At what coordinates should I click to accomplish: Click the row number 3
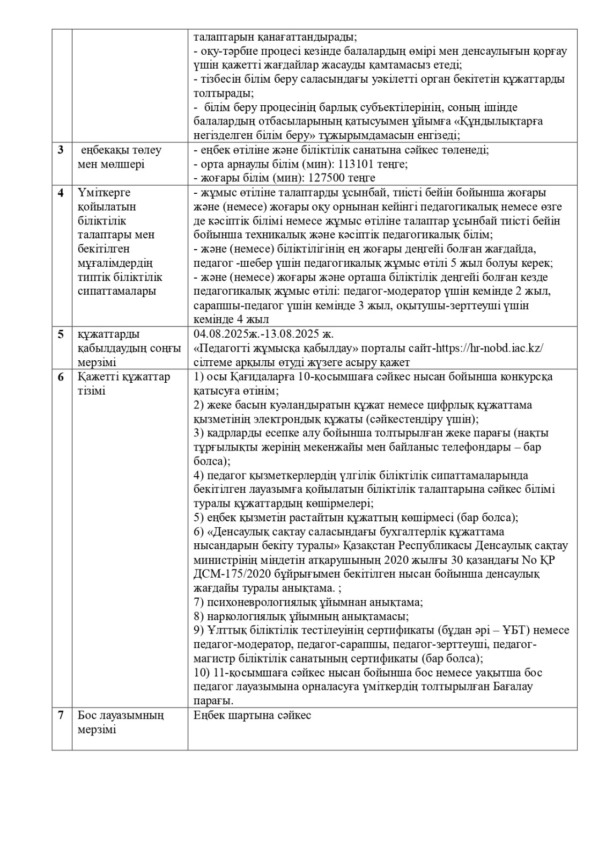(x=61, y=150)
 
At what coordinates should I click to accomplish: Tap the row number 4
(x=61, y=193)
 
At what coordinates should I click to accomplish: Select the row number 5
(x=61, y=334)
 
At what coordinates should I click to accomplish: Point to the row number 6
(x=61, y=376)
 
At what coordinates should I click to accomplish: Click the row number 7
(x=61, y=716)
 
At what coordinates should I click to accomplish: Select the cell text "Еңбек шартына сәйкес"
(x=252, y=716)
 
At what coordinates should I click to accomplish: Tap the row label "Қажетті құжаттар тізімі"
(x=124, y=383)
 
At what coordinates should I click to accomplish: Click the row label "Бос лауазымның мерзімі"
(x=121, y=723)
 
